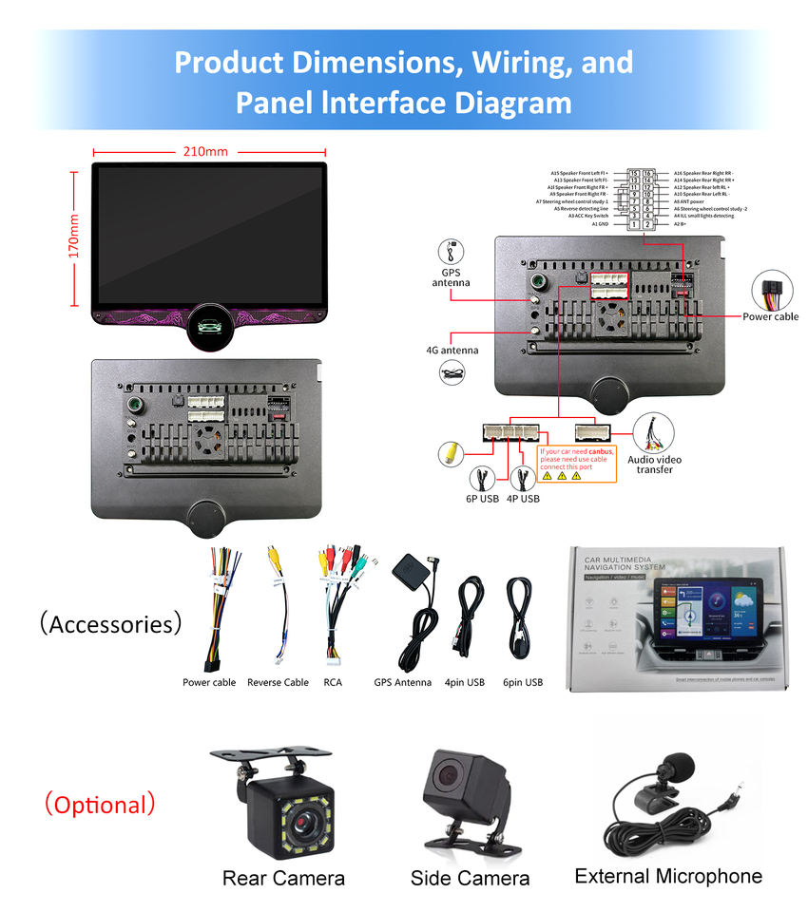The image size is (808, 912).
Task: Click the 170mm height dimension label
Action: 75,236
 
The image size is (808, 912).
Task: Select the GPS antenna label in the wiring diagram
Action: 451,276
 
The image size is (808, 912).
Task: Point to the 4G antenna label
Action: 452,350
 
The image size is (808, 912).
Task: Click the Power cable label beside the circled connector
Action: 770,316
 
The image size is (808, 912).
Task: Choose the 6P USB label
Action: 482,499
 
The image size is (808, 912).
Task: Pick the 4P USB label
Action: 523,499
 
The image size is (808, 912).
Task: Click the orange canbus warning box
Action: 577,463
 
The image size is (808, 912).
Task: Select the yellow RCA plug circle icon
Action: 451,454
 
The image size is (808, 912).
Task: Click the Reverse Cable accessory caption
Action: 278,682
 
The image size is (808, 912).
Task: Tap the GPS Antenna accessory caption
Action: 402,682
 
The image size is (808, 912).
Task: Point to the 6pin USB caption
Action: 523,682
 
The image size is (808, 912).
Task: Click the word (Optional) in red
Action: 99,805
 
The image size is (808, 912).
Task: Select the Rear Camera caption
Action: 283,878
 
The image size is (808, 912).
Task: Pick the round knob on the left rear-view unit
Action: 205,515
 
